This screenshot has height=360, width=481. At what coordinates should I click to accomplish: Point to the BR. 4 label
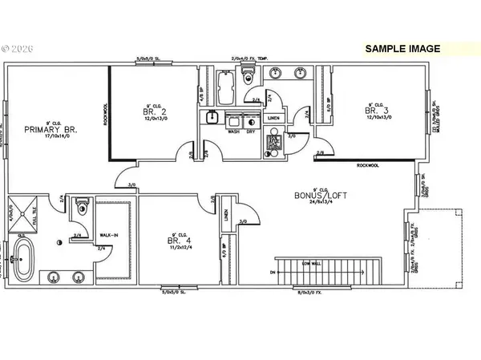tap(175, 240)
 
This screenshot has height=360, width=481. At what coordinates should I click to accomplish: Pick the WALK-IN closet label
tap(108, 237)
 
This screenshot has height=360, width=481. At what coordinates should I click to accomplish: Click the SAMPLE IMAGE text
tap(402, 49)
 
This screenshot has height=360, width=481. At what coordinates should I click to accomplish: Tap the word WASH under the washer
tap(234, 131)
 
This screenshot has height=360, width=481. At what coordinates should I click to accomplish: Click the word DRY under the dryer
tap(250, 131)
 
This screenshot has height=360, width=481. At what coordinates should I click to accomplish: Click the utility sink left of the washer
tap(212, 118)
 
